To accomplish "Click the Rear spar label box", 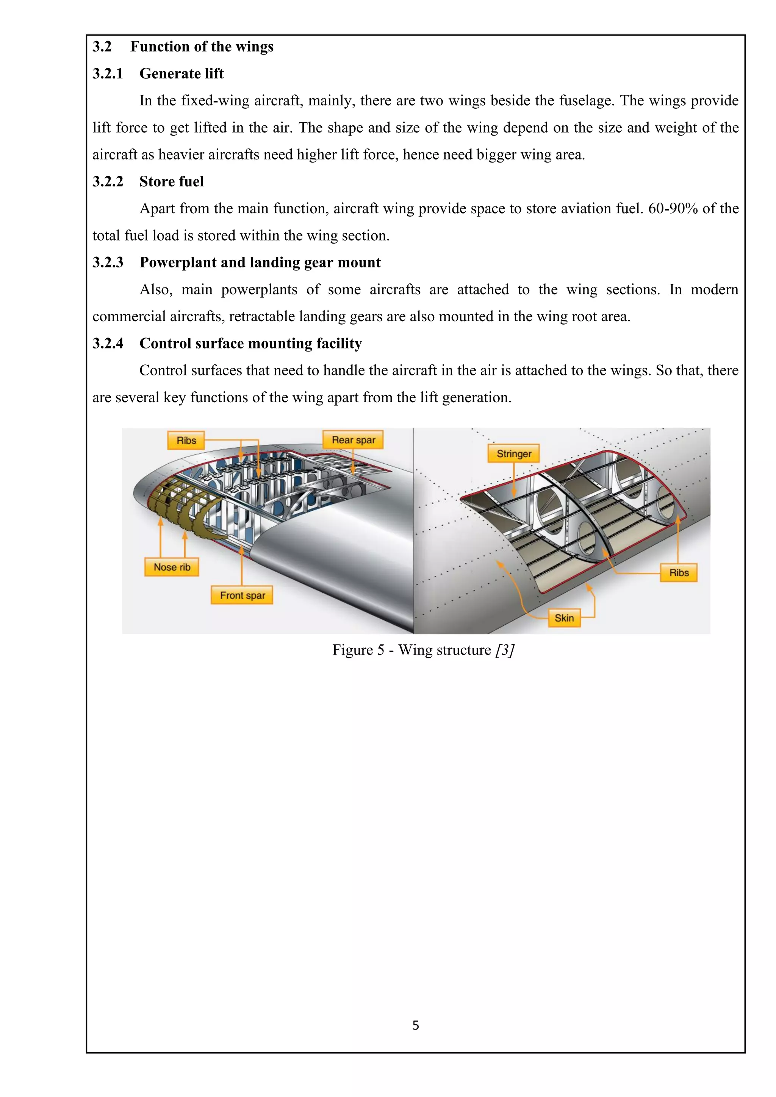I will [x=353, y=439].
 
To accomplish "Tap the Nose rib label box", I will [x=172, y=567].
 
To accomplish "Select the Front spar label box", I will [x=242, y=595].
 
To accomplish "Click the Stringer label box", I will [x=514, y=453].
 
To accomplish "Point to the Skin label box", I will [x=564, y=618].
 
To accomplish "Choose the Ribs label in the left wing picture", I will [x=186, y=441].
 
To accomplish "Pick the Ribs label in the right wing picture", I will [x=679, y=572].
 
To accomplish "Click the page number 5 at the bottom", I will [x=415, y=1025].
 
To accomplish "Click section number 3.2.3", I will [x=108, y=262].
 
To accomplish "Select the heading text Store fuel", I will [x=172, y=181].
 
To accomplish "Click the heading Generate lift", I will [x=181, y=73].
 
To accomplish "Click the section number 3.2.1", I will [x=108, y=73].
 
